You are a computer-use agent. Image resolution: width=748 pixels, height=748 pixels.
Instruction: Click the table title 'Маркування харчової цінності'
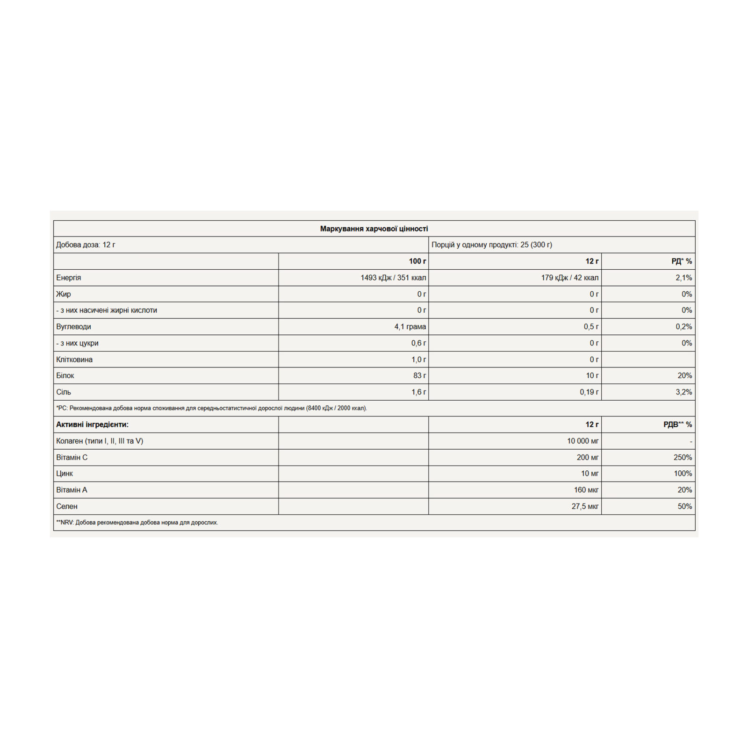[374, 229]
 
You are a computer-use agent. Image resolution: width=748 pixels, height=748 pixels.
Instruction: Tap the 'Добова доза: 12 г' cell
[86, 245]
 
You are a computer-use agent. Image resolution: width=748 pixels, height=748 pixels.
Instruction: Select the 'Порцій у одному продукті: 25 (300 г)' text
[491, 245]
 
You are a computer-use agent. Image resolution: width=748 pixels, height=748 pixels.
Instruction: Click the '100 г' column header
[417, 261]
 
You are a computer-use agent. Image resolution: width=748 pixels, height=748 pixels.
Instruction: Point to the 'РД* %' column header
[681, 261]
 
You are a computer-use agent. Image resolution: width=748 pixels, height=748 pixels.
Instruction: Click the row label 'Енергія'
[69, 278]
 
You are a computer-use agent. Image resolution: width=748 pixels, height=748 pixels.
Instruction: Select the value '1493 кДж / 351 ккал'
[393, 278]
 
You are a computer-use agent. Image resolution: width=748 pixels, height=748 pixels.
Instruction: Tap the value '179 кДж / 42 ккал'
[569, 278]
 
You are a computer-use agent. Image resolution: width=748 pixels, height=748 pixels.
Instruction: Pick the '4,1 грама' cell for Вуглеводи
[410, 327]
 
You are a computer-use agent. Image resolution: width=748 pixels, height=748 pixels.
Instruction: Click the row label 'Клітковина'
[74, 360]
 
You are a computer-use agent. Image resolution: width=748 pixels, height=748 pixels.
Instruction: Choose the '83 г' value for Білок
[419, 375]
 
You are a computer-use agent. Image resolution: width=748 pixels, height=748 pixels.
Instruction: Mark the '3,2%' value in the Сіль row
[683, 392]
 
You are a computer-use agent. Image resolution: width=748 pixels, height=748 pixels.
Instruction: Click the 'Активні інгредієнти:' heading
[92, 424]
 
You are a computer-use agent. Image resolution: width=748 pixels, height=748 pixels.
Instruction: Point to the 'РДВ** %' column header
[677, 424]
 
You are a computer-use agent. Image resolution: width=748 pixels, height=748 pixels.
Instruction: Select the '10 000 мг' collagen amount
[583, 441]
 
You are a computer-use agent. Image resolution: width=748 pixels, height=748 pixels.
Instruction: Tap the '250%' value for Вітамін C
[683, 457]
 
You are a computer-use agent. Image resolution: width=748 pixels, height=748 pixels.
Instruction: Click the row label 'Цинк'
[65, 474]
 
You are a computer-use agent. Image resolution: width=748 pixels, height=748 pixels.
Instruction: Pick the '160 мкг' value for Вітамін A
[586, 490]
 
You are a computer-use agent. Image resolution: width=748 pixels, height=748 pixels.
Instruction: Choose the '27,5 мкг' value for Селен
[584, 506]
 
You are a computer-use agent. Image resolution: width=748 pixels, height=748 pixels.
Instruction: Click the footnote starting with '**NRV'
[137, 523]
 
